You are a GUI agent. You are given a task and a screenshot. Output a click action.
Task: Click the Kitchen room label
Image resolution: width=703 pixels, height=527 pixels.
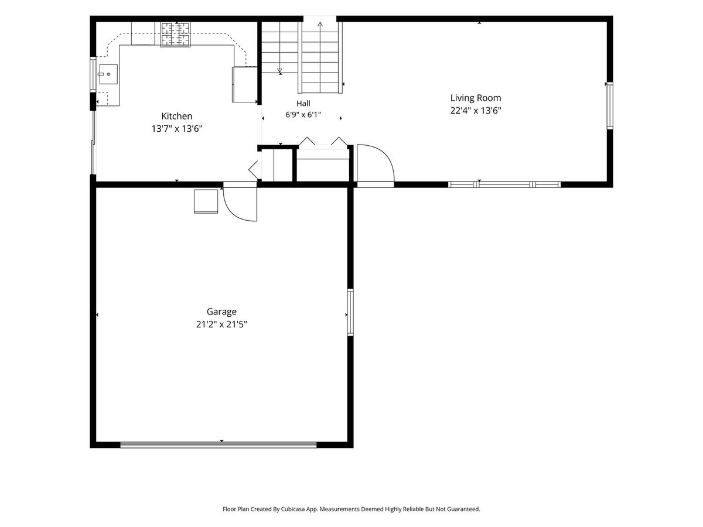[176, 116]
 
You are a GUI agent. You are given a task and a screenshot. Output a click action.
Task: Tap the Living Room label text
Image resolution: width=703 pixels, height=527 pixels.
[476, 98]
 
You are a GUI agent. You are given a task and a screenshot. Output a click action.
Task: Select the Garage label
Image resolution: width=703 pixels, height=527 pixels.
[221, 312]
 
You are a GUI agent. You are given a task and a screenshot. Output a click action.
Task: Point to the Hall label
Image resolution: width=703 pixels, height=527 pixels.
[303, 104]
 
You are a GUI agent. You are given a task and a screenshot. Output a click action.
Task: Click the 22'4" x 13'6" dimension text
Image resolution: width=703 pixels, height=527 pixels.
[476, 111]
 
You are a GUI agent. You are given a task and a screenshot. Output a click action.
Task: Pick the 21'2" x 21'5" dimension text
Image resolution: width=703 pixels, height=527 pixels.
[221, 324]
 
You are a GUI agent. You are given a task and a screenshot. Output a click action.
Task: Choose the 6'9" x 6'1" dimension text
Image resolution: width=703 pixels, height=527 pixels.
[303, 115]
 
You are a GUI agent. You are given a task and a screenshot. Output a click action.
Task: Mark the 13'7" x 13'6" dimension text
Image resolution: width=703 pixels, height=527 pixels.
[177, 129]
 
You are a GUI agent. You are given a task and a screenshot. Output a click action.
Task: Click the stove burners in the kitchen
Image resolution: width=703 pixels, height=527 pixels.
[175, 34]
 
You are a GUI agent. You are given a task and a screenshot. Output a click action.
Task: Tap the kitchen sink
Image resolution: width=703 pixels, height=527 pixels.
[108, 74]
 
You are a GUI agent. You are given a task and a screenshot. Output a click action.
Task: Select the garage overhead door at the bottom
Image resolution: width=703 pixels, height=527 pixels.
[219, 444]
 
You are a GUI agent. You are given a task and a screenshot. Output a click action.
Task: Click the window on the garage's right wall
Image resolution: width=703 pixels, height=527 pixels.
[350, 312]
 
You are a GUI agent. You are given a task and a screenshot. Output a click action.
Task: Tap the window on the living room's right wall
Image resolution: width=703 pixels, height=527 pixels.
[610, 105]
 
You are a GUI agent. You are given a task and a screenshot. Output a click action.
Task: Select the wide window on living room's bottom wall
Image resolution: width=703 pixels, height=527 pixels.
[504, 184]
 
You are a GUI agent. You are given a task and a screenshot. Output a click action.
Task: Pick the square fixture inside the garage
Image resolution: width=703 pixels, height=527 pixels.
[206, 201]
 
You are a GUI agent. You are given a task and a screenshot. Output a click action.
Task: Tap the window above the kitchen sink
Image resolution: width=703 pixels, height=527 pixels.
[93, 74]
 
